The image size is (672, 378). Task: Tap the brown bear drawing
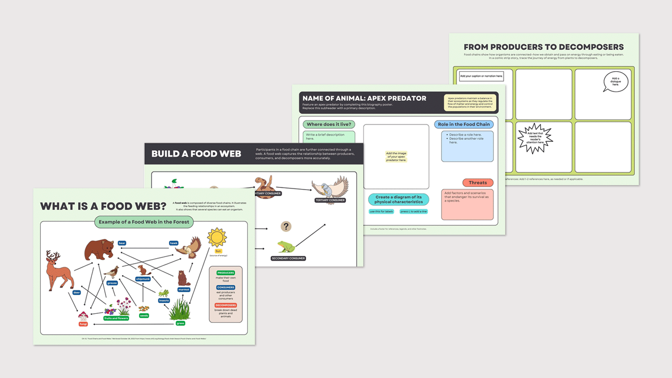(99, 250)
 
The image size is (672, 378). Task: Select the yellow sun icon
(217, 238)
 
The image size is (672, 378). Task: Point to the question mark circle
(286, 226)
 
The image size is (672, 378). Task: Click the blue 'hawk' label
(173, 243)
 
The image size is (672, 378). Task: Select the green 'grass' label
(180, 323)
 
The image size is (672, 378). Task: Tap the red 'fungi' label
(83, 324)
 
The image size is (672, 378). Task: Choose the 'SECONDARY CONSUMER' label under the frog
(288, 258)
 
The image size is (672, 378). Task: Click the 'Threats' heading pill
(478, 183)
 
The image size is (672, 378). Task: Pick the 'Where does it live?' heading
(329, 124)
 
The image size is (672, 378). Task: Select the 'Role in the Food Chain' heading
(464, 124)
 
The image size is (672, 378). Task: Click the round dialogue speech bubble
(615, 81)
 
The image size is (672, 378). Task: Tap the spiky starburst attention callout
(535, 138)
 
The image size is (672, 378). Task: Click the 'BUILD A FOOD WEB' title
(196, 154)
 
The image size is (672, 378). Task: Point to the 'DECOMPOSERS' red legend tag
(226, 305)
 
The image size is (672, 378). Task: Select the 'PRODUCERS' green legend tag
(226, 273)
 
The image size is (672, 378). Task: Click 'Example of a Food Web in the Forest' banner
(144, 222)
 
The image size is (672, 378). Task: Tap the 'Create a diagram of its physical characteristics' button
(399, 199)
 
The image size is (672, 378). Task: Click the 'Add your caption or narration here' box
(481, 76)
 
